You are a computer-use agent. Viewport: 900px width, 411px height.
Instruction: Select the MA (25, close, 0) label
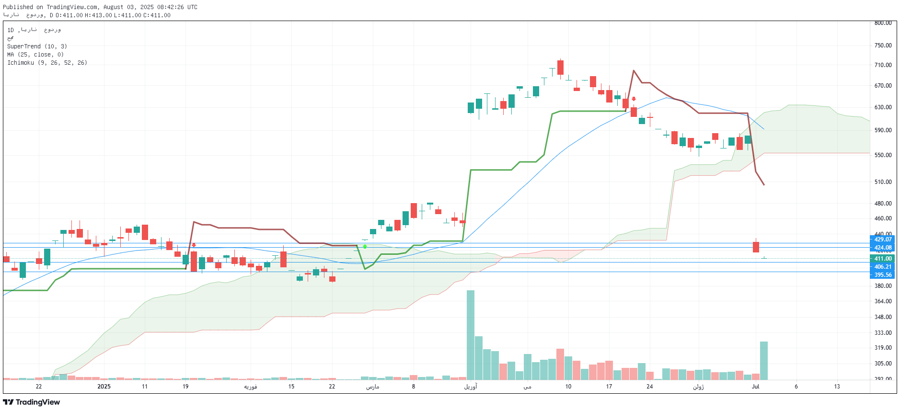pyautogui.click(x=35, y=55)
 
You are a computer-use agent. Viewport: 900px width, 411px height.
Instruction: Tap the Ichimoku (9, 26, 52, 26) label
pyautogui.click(x=47, y=63)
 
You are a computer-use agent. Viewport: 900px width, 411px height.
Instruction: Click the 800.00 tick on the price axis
pyautogui.click(x=883, y=23)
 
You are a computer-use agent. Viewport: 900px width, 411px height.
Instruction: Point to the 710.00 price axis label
pyautogui.click(x=883, y=65)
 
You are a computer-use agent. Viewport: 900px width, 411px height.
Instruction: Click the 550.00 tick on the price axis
pyautogui.click(x=883, y=155)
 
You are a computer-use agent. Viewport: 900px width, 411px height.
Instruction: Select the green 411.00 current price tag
pyautogui.click(x=882, y=259)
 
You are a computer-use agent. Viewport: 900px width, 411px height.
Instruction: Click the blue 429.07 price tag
pyautogui.click(x=882, y=240)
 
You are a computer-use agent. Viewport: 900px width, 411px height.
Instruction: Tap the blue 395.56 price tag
pyautogui.click(x=882, y=275)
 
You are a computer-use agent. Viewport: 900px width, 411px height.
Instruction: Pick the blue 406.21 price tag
pyautogui.click(x=882, y=267)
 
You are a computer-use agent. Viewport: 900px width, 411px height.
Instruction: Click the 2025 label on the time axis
pyautogui.click(x=104, y=387)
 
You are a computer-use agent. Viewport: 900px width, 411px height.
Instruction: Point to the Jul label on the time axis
pyautogui.click(x=756, y=387)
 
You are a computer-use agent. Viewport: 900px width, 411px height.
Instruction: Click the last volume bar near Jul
pyautogui.click(x=764, y=360)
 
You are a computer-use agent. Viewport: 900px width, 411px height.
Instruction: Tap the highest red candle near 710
pyautogui.click(x=560, y=67)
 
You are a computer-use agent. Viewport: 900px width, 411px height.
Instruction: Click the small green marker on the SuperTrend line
pyautogui.click(x=365, y=247)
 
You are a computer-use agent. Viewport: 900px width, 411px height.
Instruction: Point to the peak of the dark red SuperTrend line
pyautogui.click(x=634, y=71)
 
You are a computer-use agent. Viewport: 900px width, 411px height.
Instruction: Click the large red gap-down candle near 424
pyautogui.click(x=756, y=247)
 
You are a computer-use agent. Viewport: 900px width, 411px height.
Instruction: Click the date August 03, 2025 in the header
pyautogui.click(x=128, y=7)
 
